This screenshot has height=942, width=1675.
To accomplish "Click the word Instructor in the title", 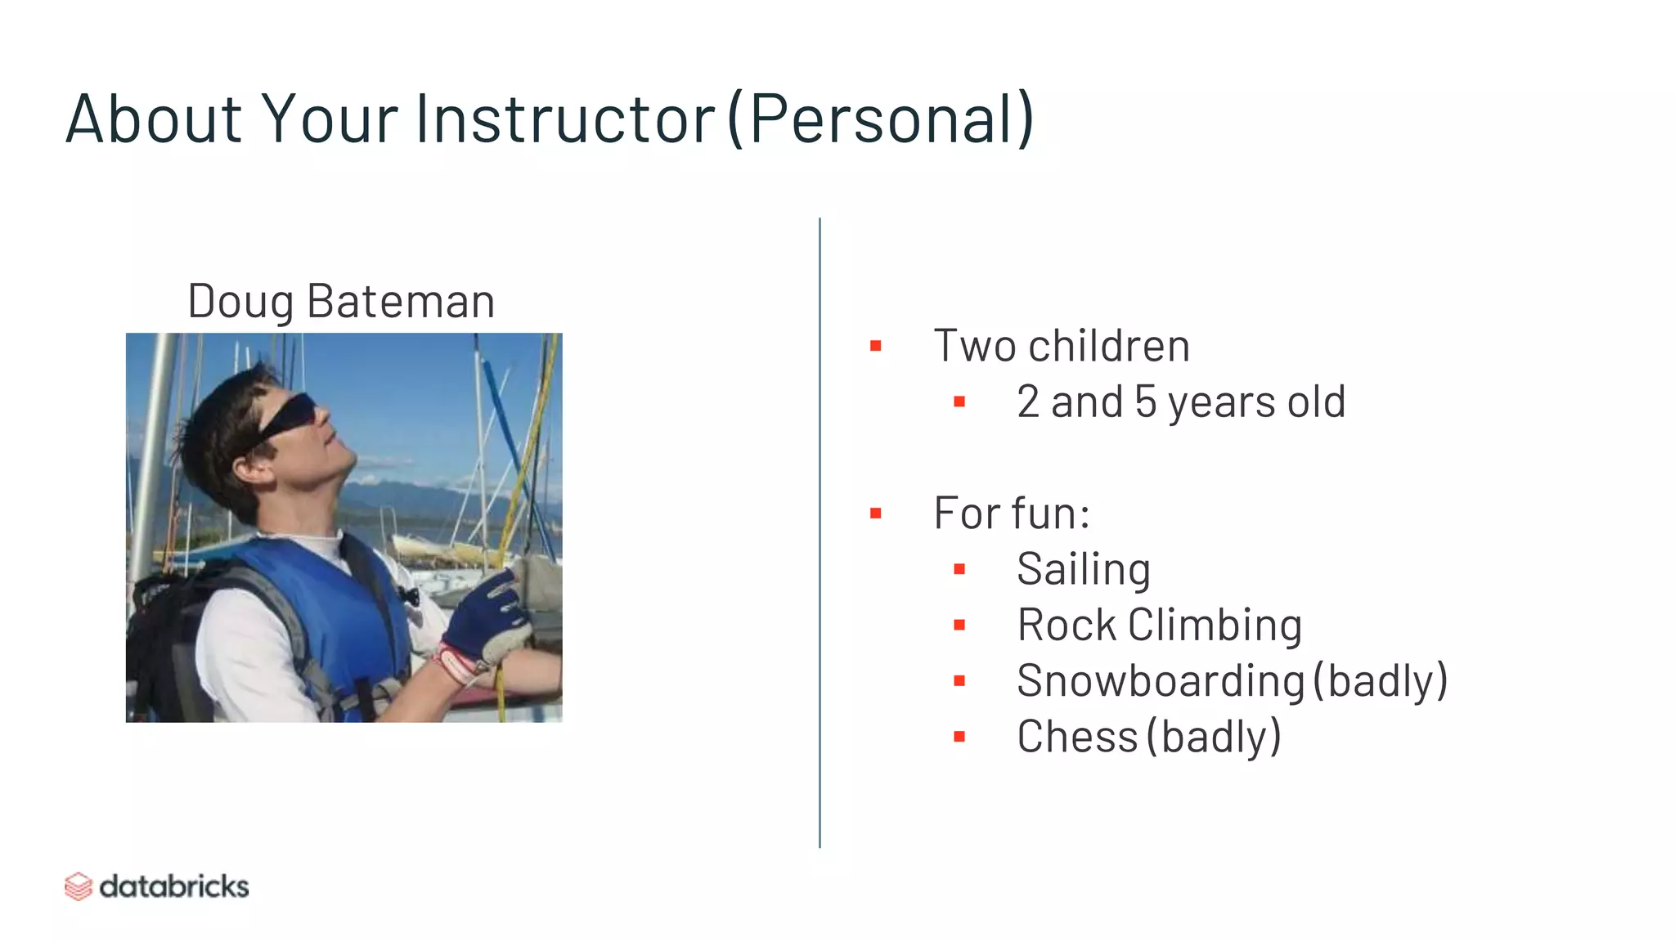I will tap(566, 119).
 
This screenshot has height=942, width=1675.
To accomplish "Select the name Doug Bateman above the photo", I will tap(341, 301).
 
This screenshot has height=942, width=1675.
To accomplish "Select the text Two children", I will tap(1062, 345).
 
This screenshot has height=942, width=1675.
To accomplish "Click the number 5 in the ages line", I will tap(1145, 401).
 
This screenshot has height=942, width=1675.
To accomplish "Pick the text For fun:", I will tap(1012, 513).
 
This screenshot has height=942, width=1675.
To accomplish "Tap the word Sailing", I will tap(1083, 569).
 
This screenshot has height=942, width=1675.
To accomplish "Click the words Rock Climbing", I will tap(1159, 626).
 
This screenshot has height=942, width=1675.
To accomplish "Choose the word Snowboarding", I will tap(1160, 681).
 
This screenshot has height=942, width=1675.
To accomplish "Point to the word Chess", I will tap(1076, 737).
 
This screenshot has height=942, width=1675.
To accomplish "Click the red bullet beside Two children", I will tap(876, 346).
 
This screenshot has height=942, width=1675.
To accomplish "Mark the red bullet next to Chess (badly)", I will tap(959, 737).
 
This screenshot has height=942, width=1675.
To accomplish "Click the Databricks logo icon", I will tap(79, 886).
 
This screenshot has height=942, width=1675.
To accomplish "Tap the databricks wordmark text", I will tap(174, 886).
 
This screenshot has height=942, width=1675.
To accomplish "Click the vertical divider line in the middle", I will tap(820, 532).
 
